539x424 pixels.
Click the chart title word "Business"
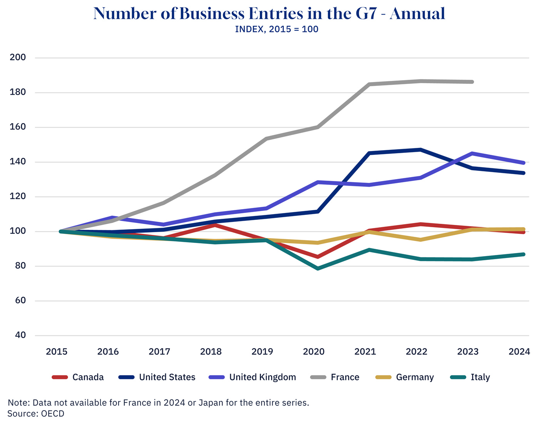tap(212, 14)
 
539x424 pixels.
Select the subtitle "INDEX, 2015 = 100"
tap(276, 29)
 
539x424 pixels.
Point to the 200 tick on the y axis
tap(18, 57)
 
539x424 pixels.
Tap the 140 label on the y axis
tap(18, 162)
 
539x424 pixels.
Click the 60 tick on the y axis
tap(20, 300)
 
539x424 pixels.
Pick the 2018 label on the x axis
tap(211, 352)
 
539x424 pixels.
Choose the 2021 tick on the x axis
tap(365, 352)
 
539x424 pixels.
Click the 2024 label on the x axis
tap(519, 352)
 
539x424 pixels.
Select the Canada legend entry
tap(88, 377)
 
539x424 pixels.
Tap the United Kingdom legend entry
tap(262, 377)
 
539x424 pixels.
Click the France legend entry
tap(345, 377)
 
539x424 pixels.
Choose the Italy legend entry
tap(480, 377)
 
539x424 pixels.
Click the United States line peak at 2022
tap(420, 149)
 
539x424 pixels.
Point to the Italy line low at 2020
tap(318, 268)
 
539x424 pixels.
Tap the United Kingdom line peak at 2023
tap(472, 153)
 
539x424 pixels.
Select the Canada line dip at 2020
tap(318, 256)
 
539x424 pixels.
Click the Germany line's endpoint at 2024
tap(523, 230)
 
